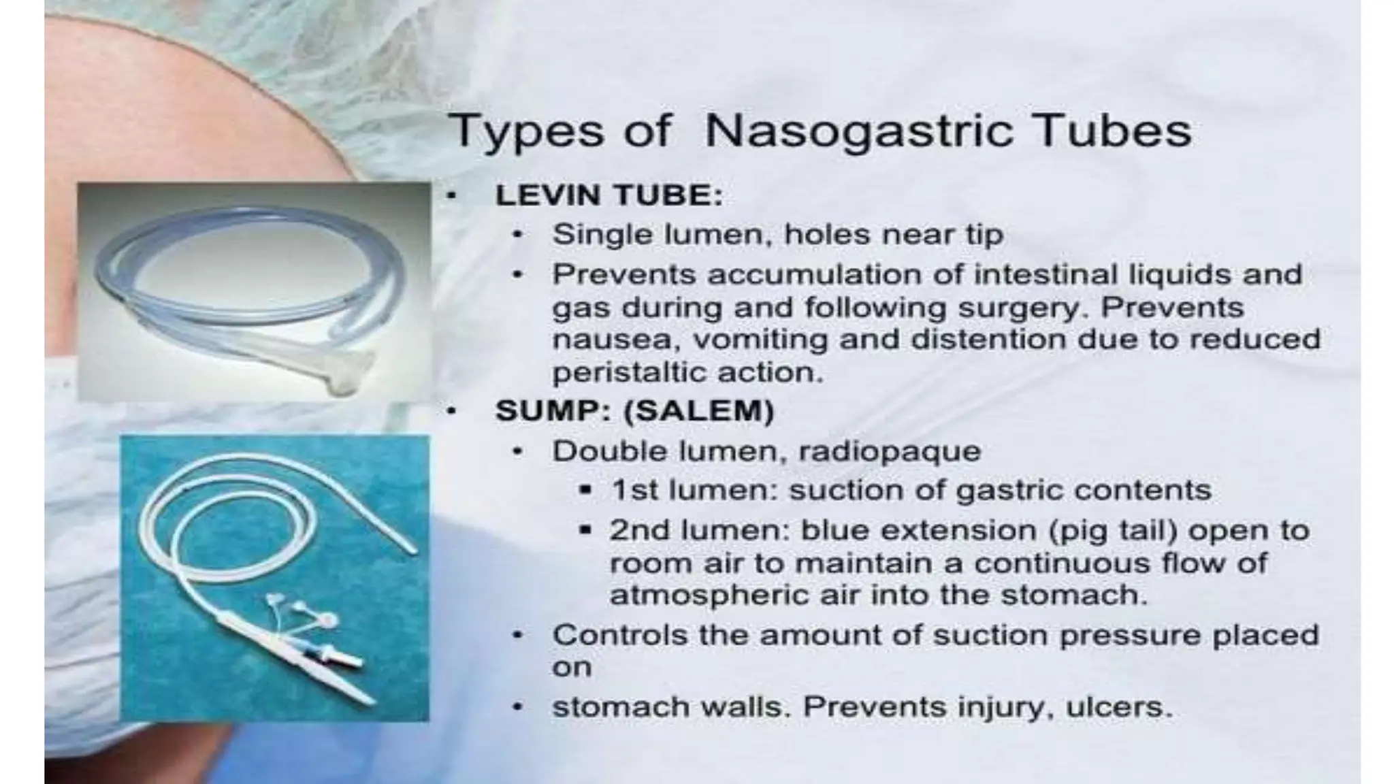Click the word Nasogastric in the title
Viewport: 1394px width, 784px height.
pyautogui.click(x=859, y=131)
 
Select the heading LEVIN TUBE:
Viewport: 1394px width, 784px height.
pyautogui.click(x=608, y=195)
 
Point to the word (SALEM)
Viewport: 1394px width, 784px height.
pyautogui.click(x=699, y=411)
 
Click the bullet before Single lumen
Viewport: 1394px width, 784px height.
pyautogui.click(x=518, y=235)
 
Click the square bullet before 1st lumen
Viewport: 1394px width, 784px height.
pyautogui.click(x=584, y=491)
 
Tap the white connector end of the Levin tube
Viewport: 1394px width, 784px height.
pyautogui.click(x=351, y=371)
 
